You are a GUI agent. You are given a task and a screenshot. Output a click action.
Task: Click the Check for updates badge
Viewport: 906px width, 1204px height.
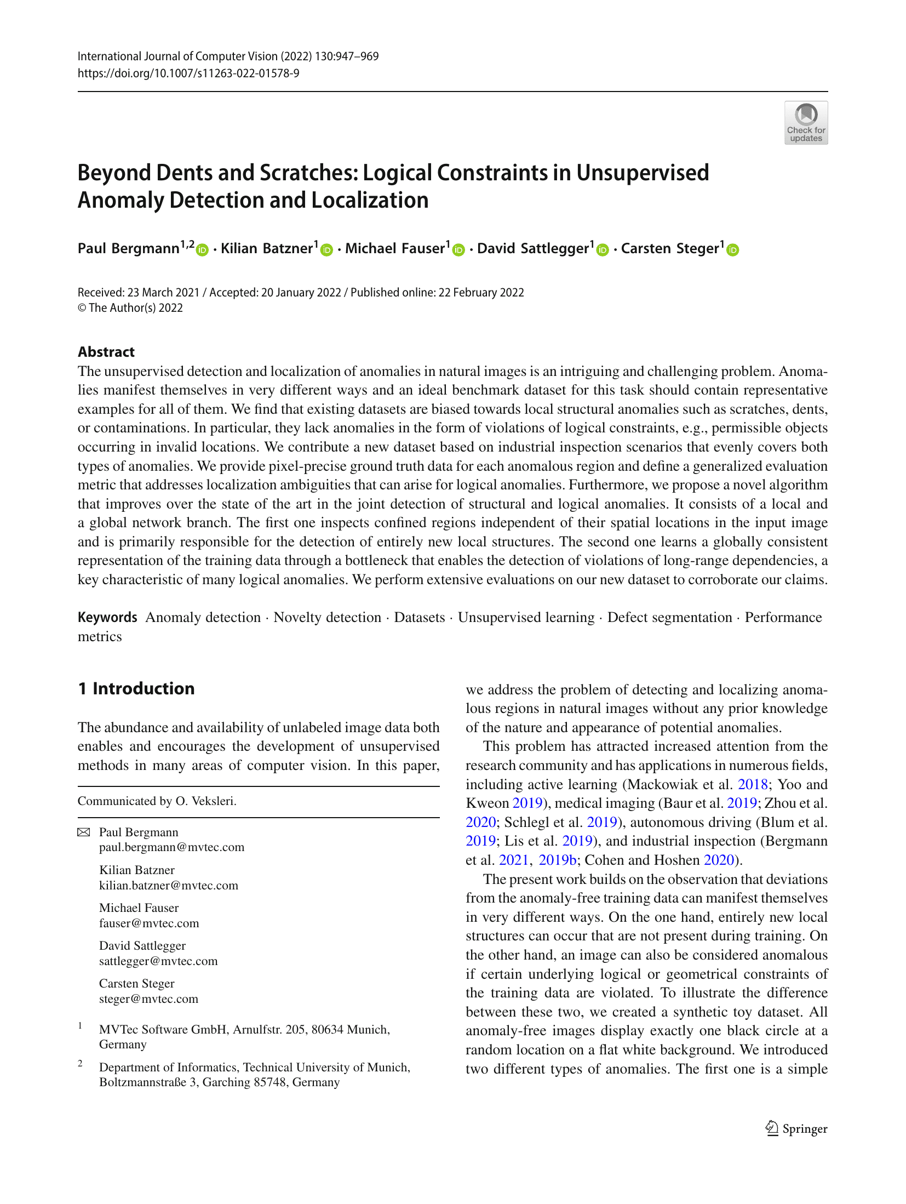pyautogui.click(x=805, y=123)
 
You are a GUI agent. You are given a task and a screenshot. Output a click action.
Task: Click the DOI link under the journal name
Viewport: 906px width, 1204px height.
pyautogui.click(x=188, y=73)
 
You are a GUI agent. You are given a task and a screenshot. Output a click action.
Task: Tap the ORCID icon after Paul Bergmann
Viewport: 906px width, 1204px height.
pyautogui.click(x=203, y=250)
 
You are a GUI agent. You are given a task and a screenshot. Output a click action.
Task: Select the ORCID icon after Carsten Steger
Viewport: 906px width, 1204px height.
pyautogui.click(x=732, y=250)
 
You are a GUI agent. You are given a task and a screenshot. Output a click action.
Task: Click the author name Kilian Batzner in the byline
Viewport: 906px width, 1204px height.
pyautogui.click(x=266, y=248)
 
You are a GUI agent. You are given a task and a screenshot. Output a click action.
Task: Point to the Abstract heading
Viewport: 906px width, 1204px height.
pyautogui.click(x=106, y=352)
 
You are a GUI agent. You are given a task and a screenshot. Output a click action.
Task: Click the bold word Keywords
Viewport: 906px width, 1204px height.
pyautogui.click(x=107, y=617)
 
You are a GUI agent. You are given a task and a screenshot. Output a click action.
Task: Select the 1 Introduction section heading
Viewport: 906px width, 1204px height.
pyautogui.click(x=136, y=688)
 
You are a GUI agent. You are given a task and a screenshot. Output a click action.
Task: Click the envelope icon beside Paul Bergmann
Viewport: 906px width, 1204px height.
pyautogui.click(x=83, y=832)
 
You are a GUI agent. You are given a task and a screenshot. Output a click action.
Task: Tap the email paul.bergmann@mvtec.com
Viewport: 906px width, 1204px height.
pyautogui.click(x=171, y=847)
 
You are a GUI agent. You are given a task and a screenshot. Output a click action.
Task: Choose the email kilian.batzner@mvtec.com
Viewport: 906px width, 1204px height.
pyautogui.click(x=169, y=885)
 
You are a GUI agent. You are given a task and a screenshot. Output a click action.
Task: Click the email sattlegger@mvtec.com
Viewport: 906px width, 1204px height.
pyautogui.click(x=158, y=961)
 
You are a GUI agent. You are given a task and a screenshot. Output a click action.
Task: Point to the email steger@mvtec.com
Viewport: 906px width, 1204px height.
pyautogui.click(x=148, y=998)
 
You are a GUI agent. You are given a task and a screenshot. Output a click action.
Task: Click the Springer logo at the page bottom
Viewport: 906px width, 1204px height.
pyautogui.click(x=796, y=1128)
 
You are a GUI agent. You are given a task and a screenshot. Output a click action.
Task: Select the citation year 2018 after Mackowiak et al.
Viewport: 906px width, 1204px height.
pyautogui.click(x=753, y=784)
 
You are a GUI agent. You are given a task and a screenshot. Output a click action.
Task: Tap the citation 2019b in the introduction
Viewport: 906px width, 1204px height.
pyautogui.click(x=557, y=860)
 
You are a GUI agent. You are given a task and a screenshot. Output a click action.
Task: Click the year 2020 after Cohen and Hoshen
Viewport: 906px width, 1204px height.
pyautogui.click(x=718, y=860)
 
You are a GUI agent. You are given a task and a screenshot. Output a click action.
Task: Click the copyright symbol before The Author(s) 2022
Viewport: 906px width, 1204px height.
pyautogui.click(x=82, y=308)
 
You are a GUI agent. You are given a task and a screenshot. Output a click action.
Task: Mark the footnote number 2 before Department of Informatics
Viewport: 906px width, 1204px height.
pyautogui.click(x=81, y=1064)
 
